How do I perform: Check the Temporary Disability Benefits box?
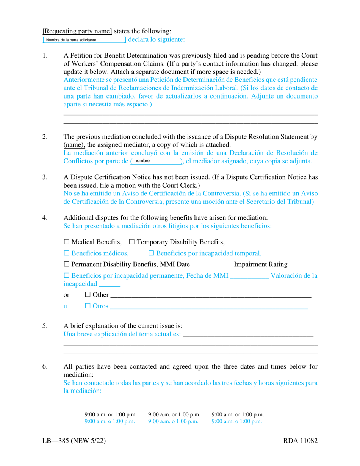click(x=132, y=242)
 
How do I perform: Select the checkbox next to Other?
click(x=88, y=295)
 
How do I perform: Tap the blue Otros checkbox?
click(x=88, y=306)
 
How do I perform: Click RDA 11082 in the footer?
click(x=300, y=441)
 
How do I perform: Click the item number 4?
click(x=45, y=218)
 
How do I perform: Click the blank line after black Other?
click(x=210, y=295)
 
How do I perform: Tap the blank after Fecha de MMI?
click(x=249, y=276)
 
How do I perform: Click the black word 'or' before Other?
click(x=66, y=295)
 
